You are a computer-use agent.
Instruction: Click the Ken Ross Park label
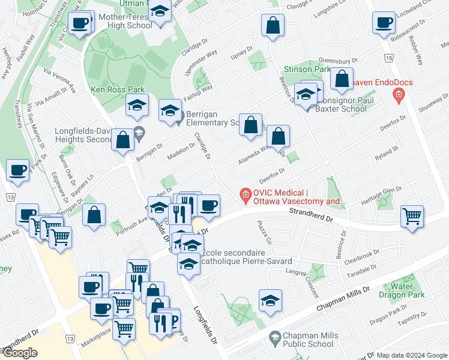pos(110,89)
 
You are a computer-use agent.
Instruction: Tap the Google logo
pos(20,353)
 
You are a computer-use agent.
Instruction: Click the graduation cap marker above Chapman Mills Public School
pos(271,300)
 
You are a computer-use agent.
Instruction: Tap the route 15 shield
pos(390,58)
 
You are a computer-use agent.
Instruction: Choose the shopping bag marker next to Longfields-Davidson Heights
pos(123,140)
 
